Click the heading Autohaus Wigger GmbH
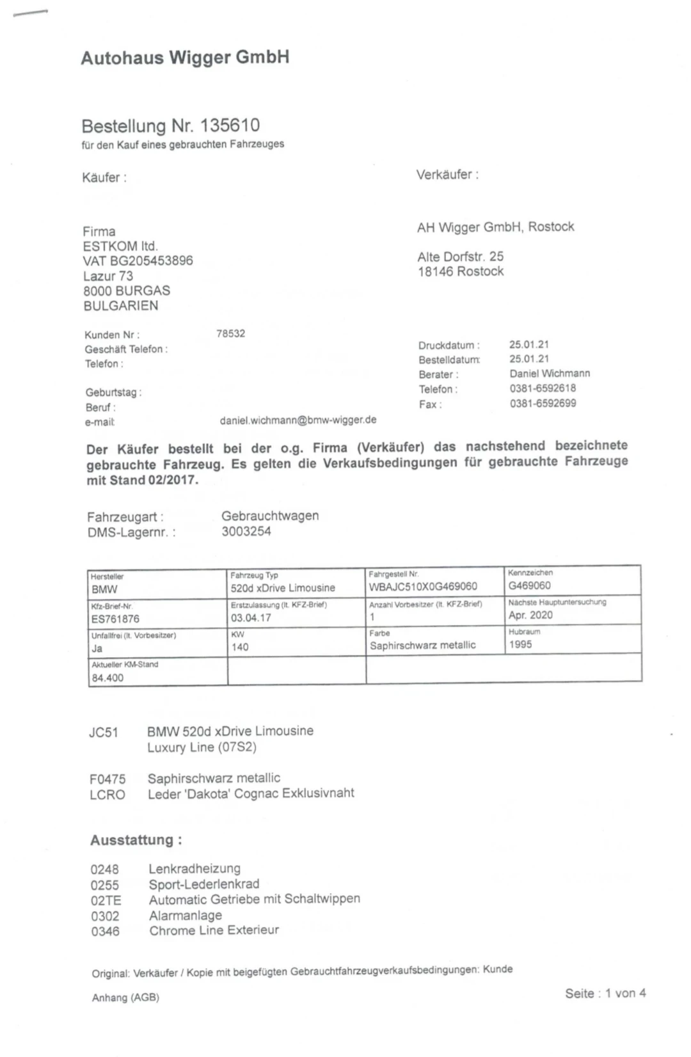coord(185,58)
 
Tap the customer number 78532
coord(230,333)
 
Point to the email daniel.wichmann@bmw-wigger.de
coord(298,420)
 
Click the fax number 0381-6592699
coord(543,403)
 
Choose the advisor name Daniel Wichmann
coord(550,373)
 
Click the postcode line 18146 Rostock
coord(460,271)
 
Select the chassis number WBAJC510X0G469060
coord(423,586)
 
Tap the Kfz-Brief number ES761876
coord(115,619)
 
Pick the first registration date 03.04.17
coord(251,617)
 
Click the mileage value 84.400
coord(107,678)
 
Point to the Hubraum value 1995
coord(520,644)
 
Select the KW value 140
coord(240,647)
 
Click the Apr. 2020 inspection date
coord(530,615)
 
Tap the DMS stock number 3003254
coord(246,531)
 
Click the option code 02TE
coord(106,900)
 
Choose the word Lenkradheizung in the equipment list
coord(195,869)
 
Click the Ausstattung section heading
coord(136,840)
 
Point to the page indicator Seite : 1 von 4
coord(605,993)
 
